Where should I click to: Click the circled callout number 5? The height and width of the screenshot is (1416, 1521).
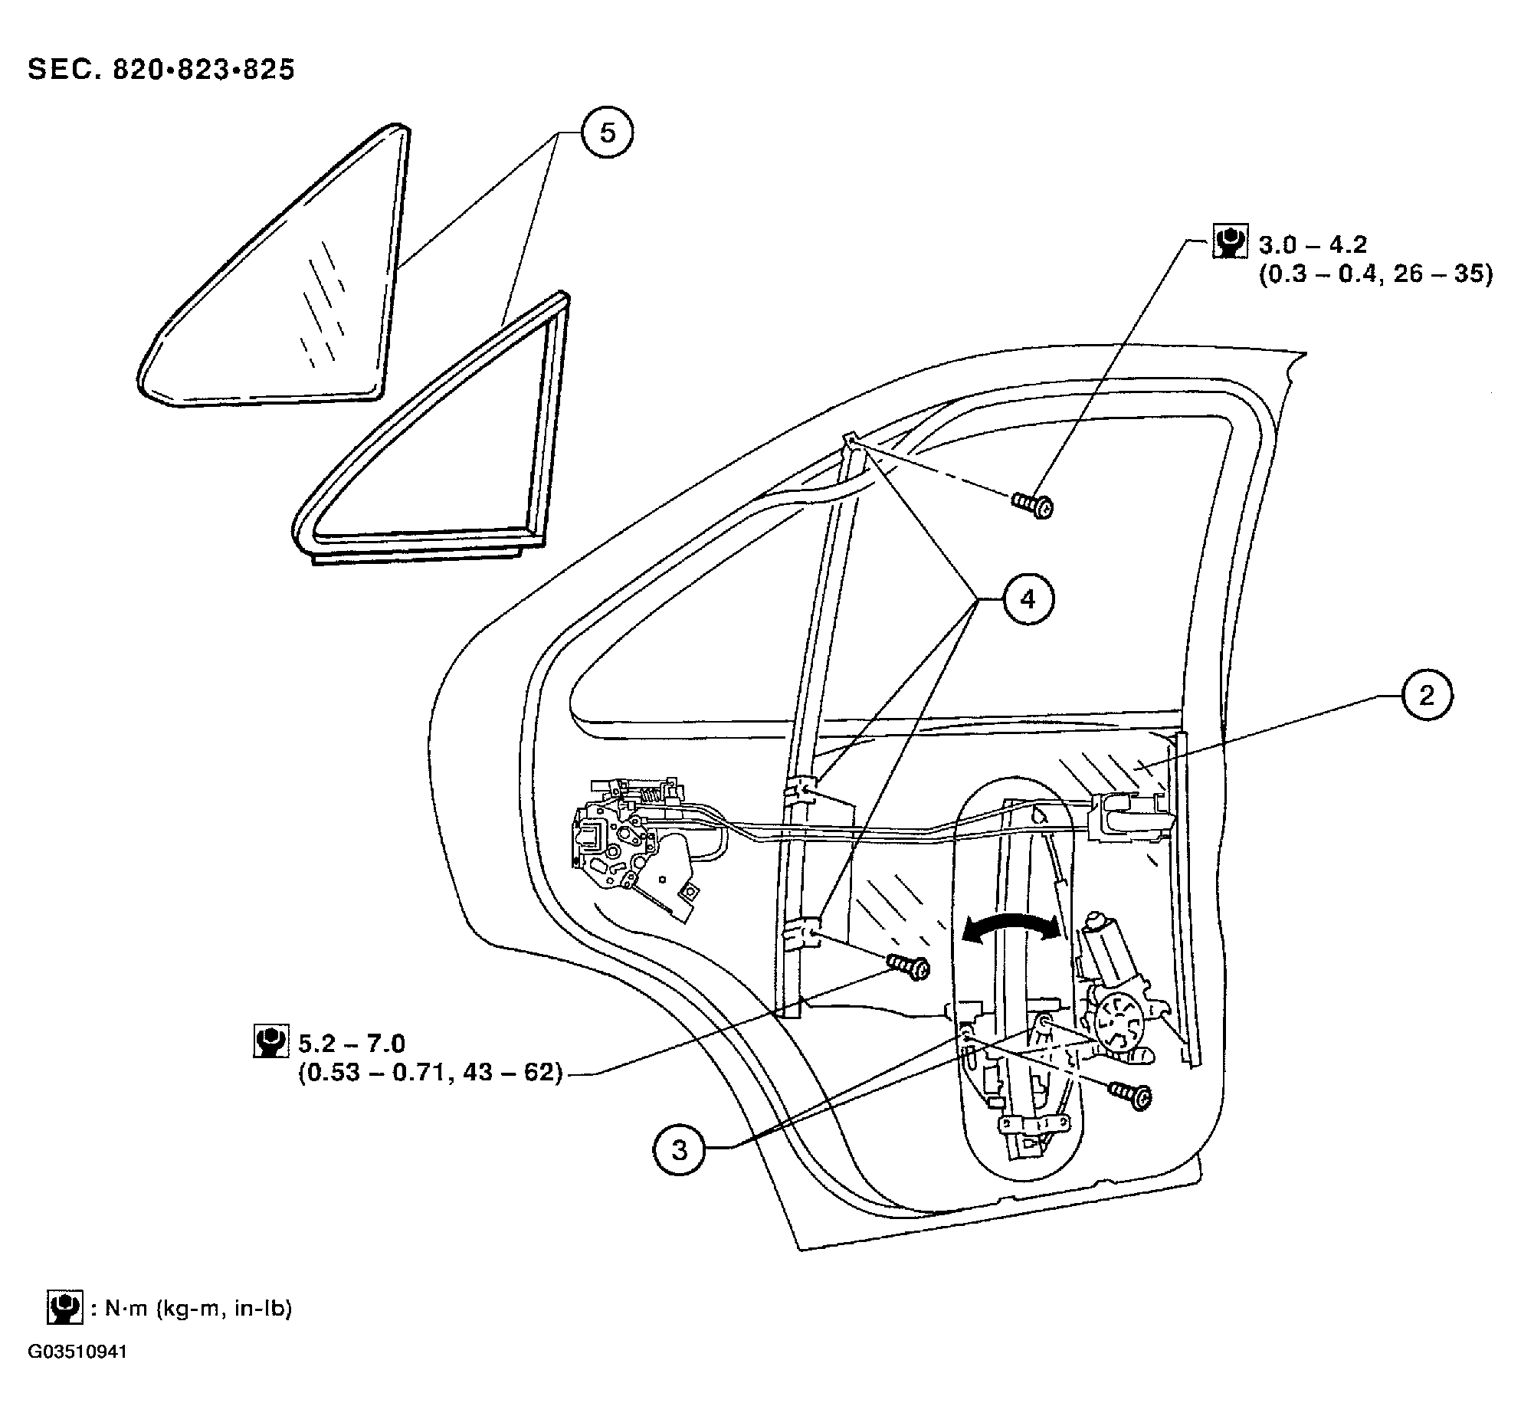(607, 133)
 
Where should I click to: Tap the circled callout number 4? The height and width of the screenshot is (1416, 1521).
(1028, 600)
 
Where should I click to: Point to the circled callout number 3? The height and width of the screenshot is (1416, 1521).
(680, 1150)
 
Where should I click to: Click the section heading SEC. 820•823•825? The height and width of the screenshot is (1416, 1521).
(162, 70)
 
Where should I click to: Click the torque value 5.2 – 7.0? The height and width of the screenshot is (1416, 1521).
(352, 1043)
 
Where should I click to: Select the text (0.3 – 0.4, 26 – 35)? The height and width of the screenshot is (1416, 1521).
(1375, 274)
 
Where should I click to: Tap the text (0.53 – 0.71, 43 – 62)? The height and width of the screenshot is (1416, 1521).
(430, 1072)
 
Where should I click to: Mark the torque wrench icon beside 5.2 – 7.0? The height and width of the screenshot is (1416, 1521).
(270, 1041)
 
